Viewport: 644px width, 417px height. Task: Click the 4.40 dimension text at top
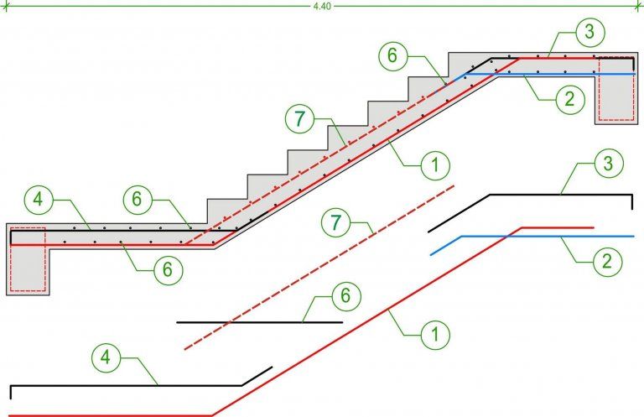click(x=322, y=7)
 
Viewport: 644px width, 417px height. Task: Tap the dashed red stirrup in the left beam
click(x=28, y=227)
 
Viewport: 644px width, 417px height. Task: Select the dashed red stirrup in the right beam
click(x=616, y=58)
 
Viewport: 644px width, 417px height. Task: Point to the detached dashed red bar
click(x=319, y=268)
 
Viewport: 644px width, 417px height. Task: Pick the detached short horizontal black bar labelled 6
click(x=260, y=322)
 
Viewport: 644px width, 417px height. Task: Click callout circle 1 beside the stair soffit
click(x=435, y=165)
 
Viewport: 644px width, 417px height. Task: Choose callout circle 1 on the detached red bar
click(x=435, y=335)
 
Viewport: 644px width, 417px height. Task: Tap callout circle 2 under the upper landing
click(x=569, y=99)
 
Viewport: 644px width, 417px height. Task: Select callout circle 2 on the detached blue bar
click(x=607, y=261)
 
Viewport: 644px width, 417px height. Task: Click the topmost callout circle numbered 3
click(x=590, y=32)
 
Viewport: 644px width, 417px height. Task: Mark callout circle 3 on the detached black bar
click(x=609, y=164)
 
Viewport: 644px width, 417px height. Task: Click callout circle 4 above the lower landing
click(x=39, y=200)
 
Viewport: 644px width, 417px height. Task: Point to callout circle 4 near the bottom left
click(x=106, y=357)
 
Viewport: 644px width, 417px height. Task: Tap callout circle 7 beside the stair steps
click(x=300, y=119)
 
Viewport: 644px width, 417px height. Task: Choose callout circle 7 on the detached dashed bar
click(x=336, y=222)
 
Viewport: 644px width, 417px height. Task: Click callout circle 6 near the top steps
click(x=393, y=55)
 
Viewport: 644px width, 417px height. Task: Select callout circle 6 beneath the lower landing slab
click(x=168, y=270)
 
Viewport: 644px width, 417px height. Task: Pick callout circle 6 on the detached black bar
click(x=345, y=296)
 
